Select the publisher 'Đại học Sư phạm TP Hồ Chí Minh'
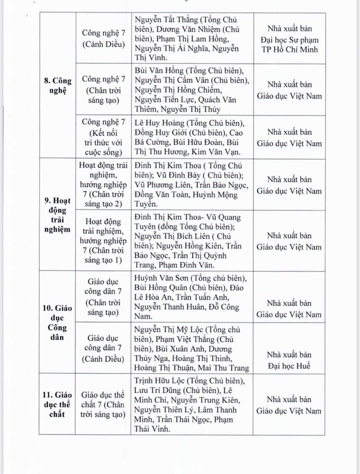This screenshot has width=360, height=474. coord(290,39)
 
